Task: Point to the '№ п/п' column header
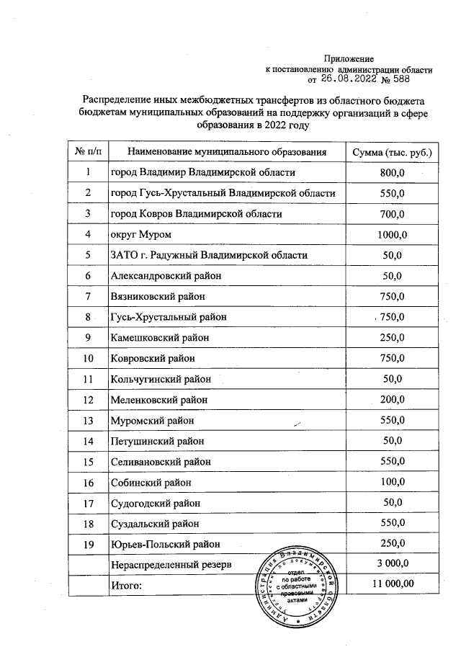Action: point(88,152)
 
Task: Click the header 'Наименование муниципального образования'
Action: point(227,152)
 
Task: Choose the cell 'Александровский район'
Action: point(166,276)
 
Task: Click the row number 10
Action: point(88,358)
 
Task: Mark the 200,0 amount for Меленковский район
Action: point(393,400)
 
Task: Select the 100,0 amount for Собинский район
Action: point(393,482)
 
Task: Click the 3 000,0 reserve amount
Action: point(393,564)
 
